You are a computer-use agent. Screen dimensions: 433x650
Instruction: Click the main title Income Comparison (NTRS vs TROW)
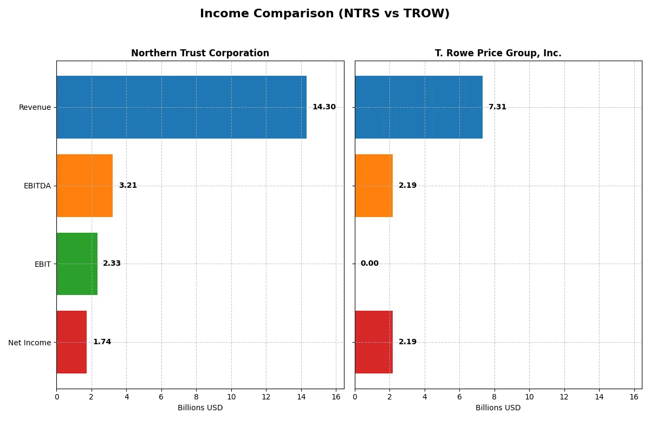(324, 14)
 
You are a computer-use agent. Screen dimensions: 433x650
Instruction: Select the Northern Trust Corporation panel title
(200, 53)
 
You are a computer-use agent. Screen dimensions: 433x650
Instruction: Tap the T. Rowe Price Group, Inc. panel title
(498, 53)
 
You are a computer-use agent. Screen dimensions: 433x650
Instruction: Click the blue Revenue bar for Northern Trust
(181, 107)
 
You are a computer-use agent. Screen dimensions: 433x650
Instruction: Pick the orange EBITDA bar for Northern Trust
(84, 186)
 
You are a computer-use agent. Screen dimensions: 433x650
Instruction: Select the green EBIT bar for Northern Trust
(77, 264)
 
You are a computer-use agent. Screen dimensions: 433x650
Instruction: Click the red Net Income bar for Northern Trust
(71, 342)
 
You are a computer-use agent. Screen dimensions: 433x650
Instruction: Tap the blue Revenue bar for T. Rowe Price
(418, 107)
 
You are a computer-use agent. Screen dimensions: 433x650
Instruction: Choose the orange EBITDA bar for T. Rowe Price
(374, 186)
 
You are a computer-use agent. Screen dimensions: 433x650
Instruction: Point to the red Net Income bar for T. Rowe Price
(374, 342)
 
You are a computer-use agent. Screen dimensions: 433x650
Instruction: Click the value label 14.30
(324, 107)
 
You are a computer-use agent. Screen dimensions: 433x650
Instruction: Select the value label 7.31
(497, 107)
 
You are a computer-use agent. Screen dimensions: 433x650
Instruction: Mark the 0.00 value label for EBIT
(369, 264)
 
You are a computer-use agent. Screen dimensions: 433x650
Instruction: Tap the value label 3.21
(128, 186)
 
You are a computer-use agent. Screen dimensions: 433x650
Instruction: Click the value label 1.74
(102, 342)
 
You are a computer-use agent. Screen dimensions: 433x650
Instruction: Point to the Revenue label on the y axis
(35, 107)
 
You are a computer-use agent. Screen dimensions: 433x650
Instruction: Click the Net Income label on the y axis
(30, 343)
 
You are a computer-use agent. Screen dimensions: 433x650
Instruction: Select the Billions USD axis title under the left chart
(200, 408)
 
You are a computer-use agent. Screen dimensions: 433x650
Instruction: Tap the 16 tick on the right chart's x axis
(634, 397)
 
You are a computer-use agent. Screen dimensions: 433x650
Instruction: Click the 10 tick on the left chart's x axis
(231, 397)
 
